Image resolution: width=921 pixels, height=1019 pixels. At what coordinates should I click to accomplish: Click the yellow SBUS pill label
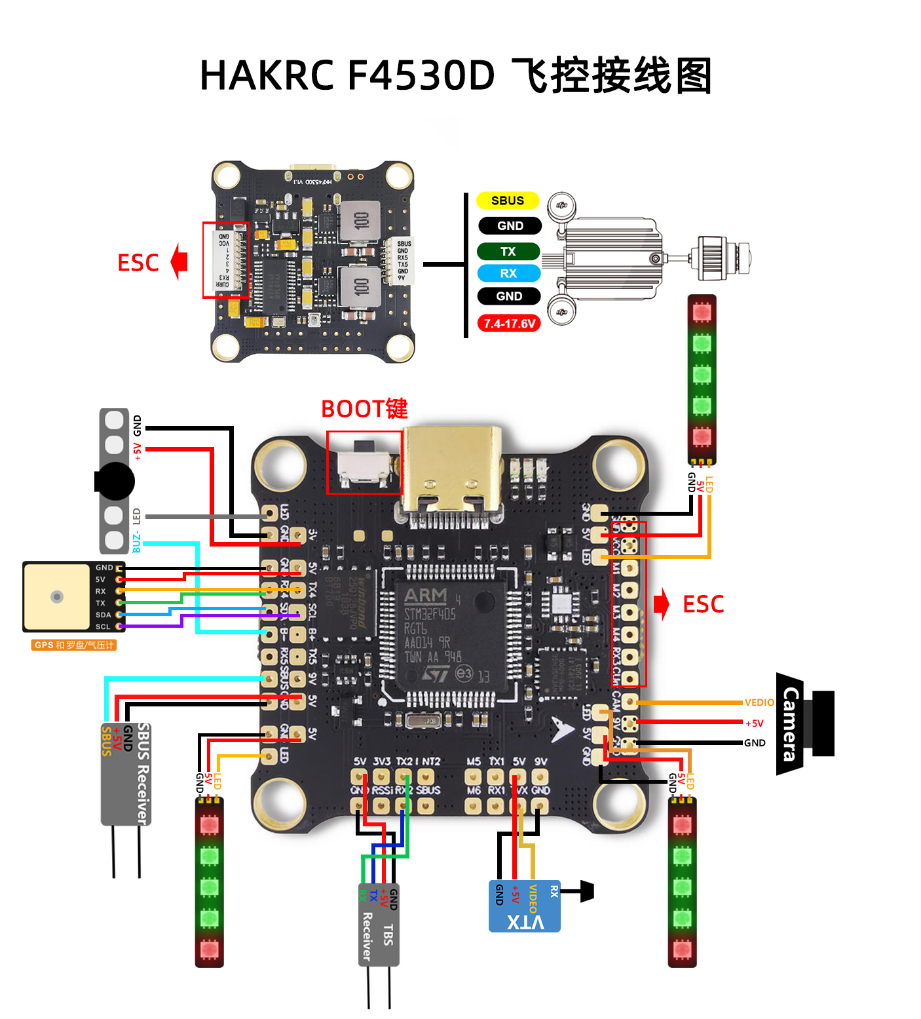[508, 201]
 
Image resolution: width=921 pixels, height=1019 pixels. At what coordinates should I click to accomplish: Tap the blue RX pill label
[508, 273]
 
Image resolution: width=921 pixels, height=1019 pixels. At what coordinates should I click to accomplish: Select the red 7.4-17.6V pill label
[509, 324]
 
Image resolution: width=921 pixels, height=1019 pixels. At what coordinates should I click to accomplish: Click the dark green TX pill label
[508, 252]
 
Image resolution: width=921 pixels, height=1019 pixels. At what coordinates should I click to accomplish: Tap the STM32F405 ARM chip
[451, 634]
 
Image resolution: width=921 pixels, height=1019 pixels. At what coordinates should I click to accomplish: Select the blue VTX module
[525, 906]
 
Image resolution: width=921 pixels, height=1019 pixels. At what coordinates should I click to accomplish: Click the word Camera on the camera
[791, 723]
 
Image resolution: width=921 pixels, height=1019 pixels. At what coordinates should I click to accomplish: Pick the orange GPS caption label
[73, 645]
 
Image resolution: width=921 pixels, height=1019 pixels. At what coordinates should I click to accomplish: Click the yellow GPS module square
[57, 596]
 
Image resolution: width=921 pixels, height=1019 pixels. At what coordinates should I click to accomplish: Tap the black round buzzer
[115, 482]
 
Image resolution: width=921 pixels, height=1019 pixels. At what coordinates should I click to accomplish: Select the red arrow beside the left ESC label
[179, 261]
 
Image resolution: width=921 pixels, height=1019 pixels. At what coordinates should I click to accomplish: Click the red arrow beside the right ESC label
[662, 604]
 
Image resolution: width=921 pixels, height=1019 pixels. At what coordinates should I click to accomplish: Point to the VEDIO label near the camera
[759, 702]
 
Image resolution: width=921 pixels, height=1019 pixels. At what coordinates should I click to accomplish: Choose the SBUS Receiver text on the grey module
[143, 774]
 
